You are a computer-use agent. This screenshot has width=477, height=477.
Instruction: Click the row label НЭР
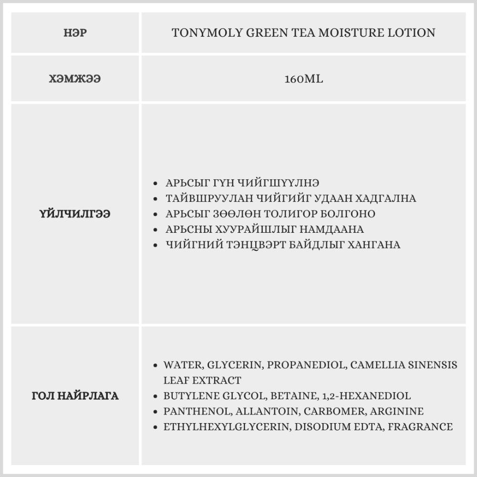75,33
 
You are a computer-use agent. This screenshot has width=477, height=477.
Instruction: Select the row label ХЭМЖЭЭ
75,79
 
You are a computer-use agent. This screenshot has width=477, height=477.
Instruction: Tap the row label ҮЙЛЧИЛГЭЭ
75,214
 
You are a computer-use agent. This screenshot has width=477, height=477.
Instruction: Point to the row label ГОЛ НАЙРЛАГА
75,396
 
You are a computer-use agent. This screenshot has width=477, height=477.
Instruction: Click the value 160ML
303,79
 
